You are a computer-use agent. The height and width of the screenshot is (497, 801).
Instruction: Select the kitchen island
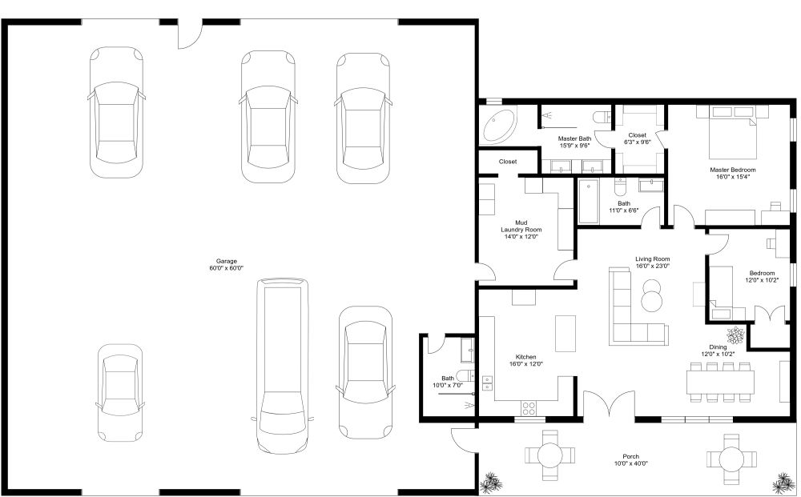566,332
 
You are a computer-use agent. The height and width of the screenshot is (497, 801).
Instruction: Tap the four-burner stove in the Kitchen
529,407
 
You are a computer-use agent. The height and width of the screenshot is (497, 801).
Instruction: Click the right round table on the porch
731,459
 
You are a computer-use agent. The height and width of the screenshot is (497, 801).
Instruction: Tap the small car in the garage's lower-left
120,392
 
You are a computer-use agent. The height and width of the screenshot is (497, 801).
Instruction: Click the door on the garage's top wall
190,32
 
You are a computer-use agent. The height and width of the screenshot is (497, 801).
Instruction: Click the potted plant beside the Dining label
735,335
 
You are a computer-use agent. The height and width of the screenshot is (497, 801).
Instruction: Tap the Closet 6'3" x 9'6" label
638,138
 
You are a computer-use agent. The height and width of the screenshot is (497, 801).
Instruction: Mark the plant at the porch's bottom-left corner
490,483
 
